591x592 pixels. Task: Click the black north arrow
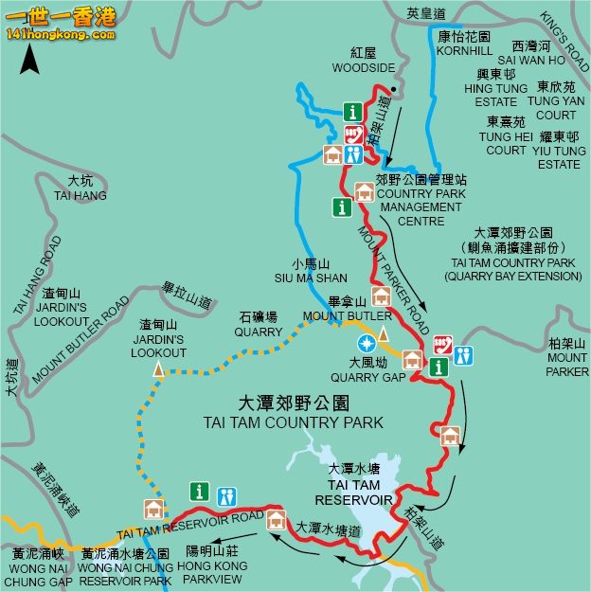[30, 60]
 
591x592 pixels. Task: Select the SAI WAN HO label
[538, 59]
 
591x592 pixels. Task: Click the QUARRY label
[260, 332]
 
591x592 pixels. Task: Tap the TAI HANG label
[81, 196]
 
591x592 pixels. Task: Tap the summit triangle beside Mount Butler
[384, 332]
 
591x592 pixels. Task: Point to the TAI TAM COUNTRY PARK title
[294, 422]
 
